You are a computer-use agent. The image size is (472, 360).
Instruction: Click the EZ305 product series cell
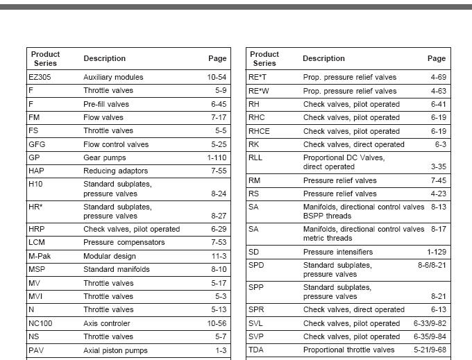pyautogui.click(x=40, y=77)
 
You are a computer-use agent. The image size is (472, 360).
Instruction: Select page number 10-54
pyautogui.click(x=217, y=77)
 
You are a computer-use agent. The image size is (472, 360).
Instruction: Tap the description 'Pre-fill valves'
pyautogui.click(x=106, y=104)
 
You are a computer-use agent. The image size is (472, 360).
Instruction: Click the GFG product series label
pyautogui.click(x=37, y=144)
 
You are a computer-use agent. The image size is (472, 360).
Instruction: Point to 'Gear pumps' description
pyautogui.click(x=105, y=157)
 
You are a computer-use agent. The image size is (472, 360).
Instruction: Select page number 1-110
pyautogui.click(x=216, y=157)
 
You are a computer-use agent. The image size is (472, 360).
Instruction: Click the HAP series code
pyautogui.click(x=36, y=171)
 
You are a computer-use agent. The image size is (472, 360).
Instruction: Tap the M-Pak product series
pyautogui.click(x=39, y=256)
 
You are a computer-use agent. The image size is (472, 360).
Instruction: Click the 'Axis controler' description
pyautogui.click(x=107, y=323)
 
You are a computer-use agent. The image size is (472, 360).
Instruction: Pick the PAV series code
pyautogui.click(x=36, y=350)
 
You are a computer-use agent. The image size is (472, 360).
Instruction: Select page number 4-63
pyautogui.click(x=438, y=91)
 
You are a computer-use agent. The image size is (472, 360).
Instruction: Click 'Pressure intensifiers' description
pyautogui.click(x=338, y=252)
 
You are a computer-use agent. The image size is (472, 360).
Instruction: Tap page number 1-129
pyautogui.click(x=437, y=252)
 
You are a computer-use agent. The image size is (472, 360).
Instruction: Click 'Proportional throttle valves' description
pyautogui.click(x=348, y=350)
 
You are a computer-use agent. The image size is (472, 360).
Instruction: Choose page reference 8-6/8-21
pyautogui.click(x=432, y=265)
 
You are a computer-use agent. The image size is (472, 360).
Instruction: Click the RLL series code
pyautogui.click(x=255, y=157)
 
